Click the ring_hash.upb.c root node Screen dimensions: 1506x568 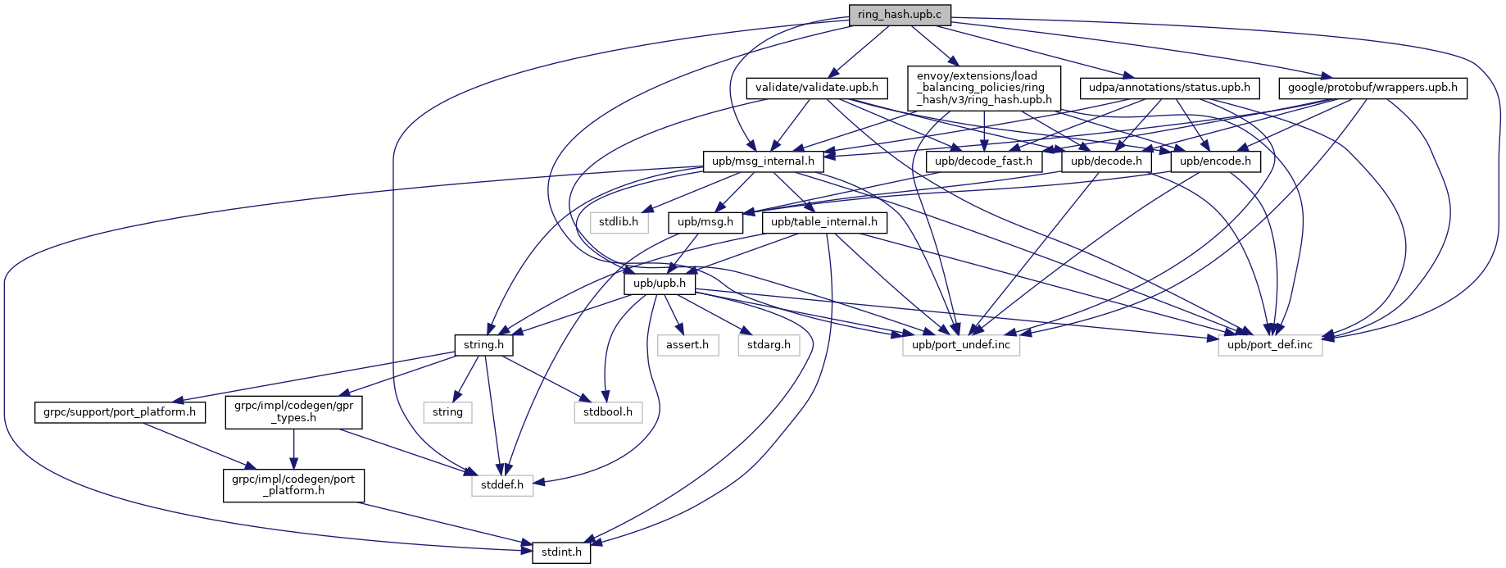pos(900,15)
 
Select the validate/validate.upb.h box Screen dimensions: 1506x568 pos(816,88)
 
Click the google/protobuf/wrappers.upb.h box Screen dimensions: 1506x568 pos(1372,88)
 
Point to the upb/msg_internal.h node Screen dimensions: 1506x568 pos(763,161)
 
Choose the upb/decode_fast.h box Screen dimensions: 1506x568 pos(983,161)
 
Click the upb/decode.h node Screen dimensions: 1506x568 pos(1106,161)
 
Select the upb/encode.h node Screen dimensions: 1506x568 pos(1216,161)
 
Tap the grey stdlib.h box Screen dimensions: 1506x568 pos(619,222)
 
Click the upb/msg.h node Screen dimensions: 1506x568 pos(705,222)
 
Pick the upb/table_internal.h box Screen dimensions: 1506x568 pos(824,222)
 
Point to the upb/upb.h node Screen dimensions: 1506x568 pos(660,284)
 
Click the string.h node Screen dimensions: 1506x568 pos(483,345)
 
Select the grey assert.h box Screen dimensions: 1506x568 pos(687,345)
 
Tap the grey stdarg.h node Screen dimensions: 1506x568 pos(769,345)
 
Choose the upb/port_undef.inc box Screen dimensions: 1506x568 pos(961,345)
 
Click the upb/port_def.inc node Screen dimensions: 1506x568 pos(1270,345)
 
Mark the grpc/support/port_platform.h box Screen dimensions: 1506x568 pos(120,412)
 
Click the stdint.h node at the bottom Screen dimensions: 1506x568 pos(561,552)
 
